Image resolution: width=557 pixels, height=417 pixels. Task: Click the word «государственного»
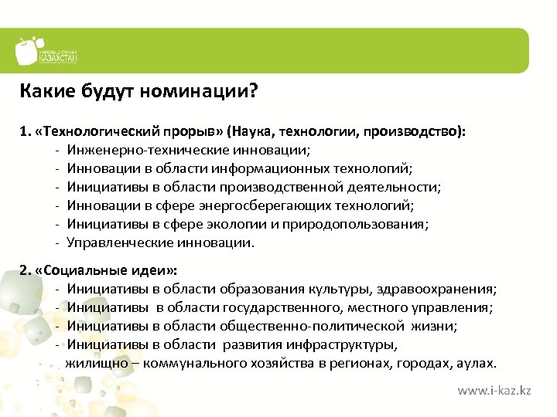pyautogui.click(x=282, y=309)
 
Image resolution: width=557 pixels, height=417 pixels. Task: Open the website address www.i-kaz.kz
pyautogui.click(x=494, y=392)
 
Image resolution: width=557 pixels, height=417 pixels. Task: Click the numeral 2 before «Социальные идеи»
pyautogui.click(x=23, y=272)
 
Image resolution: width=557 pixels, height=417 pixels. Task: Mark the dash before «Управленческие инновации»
pyautogui.click(x=58, y=243)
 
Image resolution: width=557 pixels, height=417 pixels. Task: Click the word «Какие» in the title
pyautogui.click(x=46, y=93)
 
